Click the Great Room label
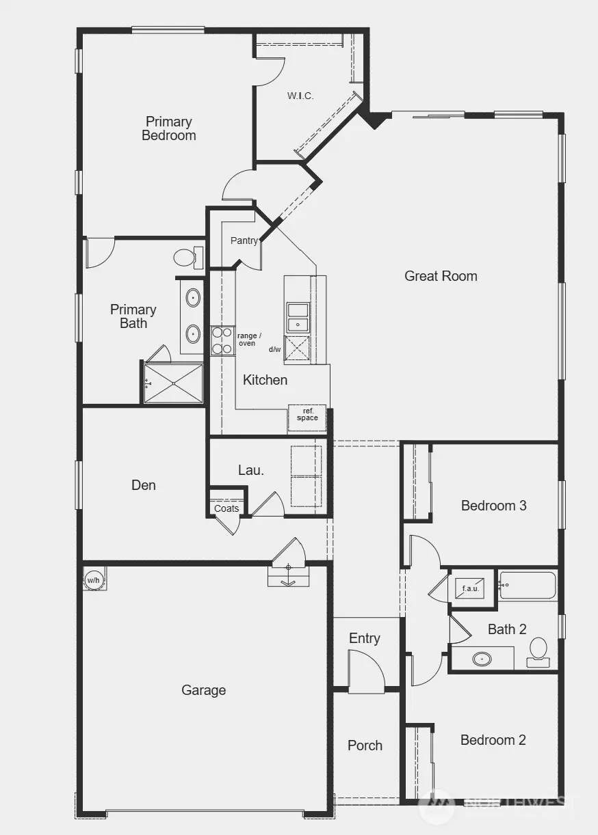pos(441,276)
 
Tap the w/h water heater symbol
pos(94,579)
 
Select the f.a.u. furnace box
pos(470,588)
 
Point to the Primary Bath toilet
pos(185,258)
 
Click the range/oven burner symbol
pos(222,340)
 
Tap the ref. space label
pos(307,415)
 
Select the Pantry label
pos(244,241)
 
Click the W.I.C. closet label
pos(300,96)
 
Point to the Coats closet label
pos(226,508)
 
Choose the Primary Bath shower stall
pos(174,383)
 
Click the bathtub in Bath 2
pos(528,586)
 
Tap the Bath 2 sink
pos(483,659)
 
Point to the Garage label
pos(203,690)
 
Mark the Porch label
pos(365,745)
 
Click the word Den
pos(144,485)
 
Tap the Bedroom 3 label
pos(493,506)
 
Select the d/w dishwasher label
pos(275,349)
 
